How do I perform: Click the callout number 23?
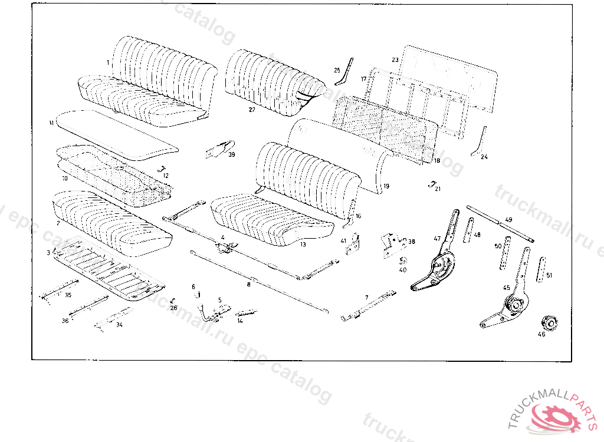(395, 60)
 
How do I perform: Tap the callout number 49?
(508, 220)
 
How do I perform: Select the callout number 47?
(437, 239)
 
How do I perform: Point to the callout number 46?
(541, 335)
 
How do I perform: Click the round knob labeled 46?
(550, 323)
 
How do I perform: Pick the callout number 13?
(303, 243)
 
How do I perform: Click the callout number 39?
(231, 154)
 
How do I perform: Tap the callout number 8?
(248, 284)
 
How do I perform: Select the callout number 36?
(65, 321)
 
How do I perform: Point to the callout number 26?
(173, 308)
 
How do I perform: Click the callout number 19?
(386, 186)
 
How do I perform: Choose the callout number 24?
(484, 157)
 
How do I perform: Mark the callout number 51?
(549, 275)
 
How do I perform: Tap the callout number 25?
(337, 71)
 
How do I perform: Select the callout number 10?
(65, 177)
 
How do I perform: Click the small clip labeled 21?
(432, 183)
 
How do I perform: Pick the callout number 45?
(506, 288)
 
